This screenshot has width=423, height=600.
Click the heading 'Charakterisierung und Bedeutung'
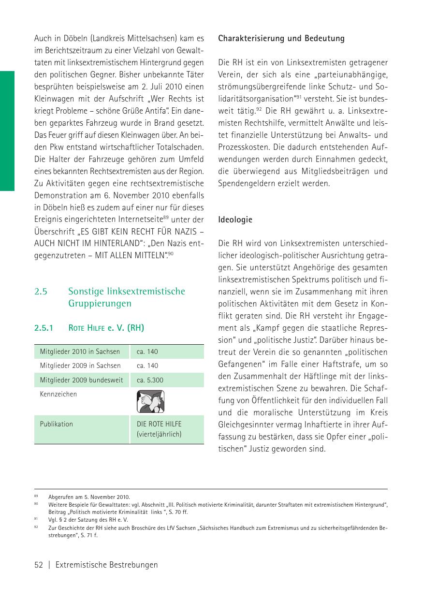281,39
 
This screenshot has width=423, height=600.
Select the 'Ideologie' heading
235,220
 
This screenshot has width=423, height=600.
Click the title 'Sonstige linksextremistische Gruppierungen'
127,297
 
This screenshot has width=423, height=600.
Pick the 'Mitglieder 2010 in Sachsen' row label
80,351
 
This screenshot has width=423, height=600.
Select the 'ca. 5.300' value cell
150,380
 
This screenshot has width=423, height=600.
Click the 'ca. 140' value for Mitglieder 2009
147,366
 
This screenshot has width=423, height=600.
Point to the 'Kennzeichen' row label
58,394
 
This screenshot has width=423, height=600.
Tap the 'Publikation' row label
57,424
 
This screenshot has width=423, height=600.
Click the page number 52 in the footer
39,565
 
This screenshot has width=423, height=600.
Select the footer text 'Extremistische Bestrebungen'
106,565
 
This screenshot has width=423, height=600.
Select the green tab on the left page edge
7,131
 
